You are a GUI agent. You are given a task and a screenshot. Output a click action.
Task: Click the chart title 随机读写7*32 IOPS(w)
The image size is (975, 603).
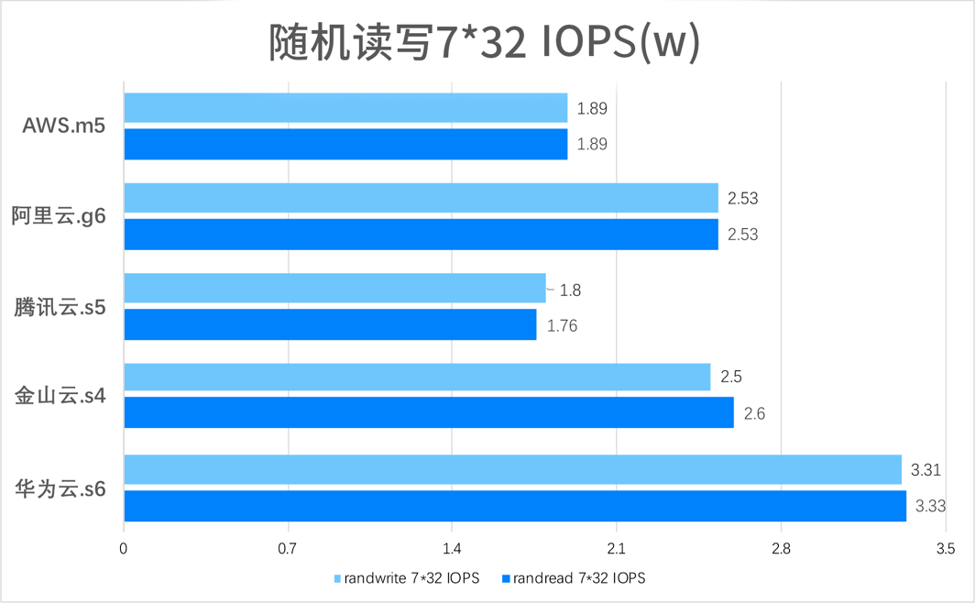(485, 43)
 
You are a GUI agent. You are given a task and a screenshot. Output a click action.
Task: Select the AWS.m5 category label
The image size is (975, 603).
(63, 126)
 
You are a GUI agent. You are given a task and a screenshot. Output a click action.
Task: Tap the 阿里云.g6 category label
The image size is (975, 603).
(59, 216)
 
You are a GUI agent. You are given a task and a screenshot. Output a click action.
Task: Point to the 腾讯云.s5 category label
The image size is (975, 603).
(60, 307)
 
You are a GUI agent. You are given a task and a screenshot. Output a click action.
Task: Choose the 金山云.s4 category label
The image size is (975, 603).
(60, 397)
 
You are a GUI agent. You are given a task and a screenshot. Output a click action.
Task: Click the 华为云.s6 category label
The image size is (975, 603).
(60, 488)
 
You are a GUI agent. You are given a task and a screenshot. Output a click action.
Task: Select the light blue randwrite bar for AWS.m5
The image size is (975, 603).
(345, 108)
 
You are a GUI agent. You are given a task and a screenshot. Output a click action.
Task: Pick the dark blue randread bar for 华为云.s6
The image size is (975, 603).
(514, 506)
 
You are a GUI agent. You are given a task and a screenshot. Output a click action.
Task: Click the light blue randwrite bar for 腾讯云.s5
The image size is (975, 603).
(334, 289)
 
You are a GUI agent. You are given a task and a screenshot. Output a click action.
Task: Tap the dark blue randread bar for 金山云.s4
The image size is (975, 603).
(428, 413)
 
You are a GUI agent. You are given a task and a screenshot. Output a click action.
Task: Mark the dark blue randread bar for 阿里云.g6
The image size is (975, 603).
(420, 235)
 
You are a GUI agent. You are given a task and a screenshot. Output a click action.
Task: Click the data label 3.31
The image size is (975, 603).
(926, 470)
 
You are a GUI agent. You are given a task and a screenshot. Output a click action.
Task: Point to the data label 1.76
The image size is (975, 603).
(562, 325)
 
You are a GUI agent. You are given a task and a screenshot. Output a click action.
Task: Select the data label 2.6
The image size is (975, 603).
(754, 414)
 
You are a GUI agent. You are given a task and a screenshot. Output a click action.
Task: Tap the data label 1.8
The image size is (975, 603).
(570, 291)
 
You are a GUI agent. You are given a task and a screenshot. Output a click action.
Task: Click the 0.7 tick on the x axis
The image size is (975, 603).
(288, 549)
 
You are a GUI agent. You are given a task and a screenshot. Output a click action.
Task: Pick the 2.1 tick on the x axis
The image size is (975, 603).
(616, 549)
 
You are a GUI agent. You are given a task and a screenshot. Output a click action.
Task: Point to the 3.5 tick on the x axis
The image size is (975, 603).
(945, 549)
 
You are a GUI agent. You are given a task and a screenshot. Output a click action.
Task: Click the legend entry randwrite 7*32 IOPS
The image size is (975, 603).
(408, 578)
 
